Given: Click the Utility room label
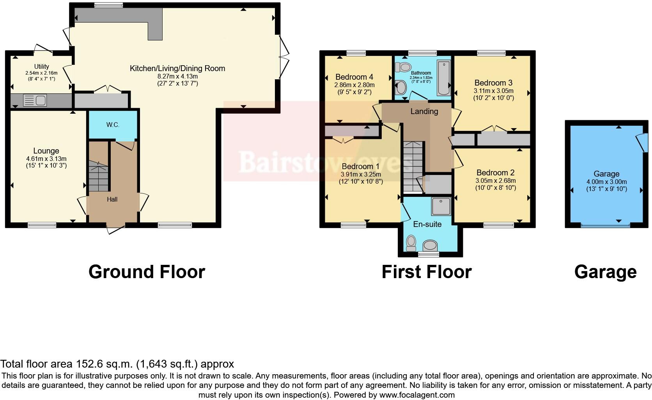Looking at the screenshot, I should pyautogui.click(x=41, y=67).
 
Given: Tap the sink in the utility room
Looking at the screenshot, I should pyautogui.click(x=35, y=100).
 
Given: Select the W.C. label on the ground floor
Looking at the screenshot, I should pyautogui.click(x=113, y=125).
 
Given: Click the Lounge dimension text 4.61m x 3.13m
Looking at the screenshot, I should pyautogui.click(x=46, y=159).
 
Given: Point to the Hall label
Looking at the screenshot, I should pyautogui.click(x=112, y=199).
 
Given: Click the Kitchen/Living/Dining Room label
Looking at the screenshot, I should pyautogui.click(x=177, y=68).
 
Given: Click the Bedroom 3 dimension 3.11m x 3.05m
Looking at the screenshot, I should pyautogui.click(x=493, y=91).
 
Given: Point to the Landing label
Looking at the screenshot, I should pyautogui.click(x=424, y=111).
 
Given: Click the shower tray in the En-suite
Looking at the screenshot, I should pyautogui.click(x=441, y=206).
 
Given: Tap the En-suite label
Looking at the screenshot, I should pyautogui.click(x=427, y=224).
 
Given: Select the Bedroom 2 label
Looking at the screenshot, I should pyautogui.click(x=495, y=173).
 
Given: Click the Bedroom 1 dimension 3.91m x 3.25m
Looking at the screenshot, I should pyautogui.click(x=361, y=174).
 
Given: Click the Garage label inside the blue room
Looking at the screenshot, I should pyautogui.click(x=606, y=174).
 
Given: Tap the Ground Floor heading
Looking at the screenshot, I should pyautogui.click(x=147, y=272).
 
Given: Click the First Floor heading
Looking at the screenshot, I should pyautogui.click(x=427, y=272).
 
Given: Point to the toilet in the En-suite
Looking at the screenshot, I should pyautogui.click(x=411, y=243).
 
